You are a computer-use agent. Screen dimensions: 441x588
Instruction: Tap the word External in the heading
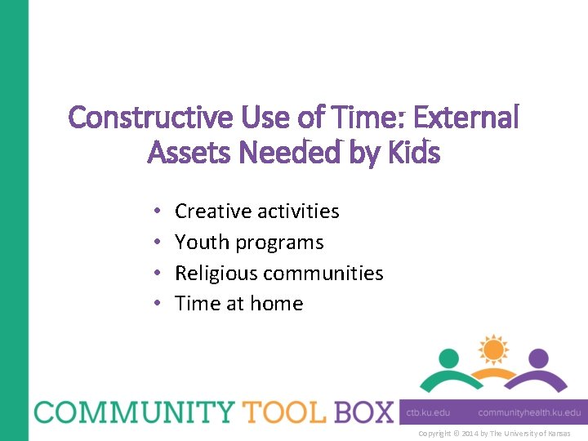tap(466, 118)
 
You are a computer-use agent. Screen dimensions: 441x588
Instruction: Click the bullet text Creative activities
tap(256, 212)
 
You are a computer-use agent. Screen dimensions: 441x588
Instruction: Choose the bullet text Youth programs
tap(249, 243)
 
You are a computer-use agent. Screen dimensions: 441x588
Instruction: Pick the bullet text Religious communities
tap(278, 273)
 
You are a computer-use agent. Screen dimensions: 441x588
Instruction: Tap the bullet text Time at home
tap(238, 304)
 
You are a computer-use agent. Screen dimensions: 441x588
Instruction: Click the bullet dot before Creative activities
tap(156, 212)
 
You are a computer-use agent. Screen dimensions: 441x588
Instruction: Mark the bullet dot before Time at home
tap(156, 305)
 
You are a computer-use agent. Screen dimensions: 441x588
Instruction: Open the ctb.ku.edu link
tap(428, 412)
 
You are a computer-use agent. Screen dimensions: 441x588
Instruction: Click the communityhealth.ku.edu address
tap(529, 412)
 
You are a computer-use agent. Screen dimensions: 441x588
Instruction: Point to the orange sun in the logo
tap(493, 350)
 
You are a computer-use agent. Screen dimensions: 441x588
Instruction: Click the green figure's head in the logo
tap(448, 358)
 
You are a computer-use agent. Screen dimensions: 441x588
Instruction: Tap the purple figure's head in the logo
tap(537, 358)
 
